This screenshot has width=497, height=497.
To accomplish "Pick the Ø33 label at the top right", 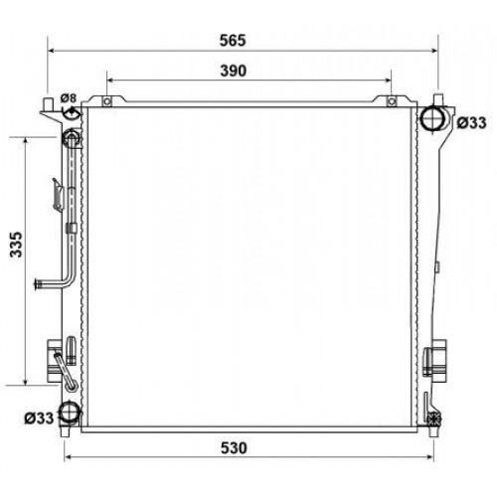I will (471, 123).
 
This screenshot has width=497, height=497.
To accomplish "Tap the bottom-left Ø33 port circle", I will (69, 414).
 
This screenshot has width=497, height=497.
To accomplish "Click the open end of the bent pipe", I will (36, 289).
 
